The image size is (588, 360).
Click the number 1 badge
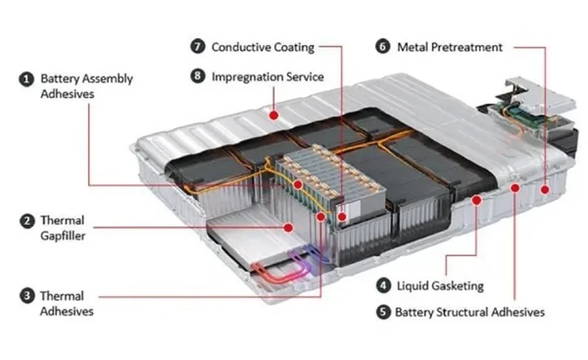[x=26, y=80]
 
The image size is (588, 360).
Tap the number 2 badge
[x=26, y=221]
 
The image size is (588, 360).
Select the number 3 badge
[x=26, y=296]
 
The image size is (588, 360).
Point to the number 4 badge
[x=384, y=286]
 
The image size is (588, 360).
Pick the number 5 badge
[x=384, y=312]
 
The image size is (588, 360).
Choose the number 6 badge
[x=384, y=47]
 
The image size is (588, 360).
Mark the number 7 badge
[x=198, y=47]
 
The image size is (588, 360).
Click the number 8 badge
[x=198, y=77]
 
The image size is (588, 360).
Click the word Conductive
[x=239, y=47]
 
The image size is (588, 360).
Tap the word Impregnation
[x=247, y=77]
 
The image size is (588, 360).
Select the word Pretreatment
[x=467, y=47]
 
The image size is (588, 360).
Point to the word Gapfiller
[x=63, y=236]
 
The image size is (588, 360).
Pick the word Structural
[x=470, y=312]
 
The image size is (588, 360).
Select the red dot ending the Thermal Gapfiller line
[x=289, y=227]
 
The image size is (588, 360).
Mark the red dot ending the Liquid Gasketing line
[x=476, y=201]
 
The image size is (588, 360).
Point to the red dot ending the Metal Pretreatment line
[x=545, y=188]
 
